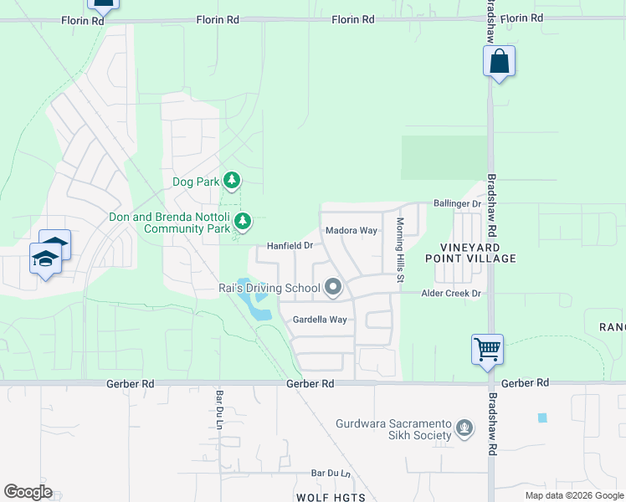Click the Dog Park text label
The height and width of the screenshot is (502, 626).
pyautogui.click(x=195, y=182)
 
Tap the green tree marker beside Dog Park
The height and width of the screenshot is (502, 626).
pyautogui.click(x=232, y=180)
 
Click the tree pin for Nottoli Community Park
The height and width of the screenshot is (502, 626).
pyautogui.click(x=243, y=221)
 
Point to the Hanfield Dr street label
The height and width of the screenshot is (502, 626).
pyautogui.click(x=290, y=246)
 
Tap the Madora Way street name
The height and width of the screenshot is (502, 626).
pyautogui.click(x=351, y=230)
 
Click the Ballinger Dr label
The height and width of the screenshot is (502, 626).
pyautogui.click(x=458, y=203)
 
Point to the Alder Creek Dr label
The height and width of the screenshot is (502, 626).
pyautogui.click(x=452, y=294)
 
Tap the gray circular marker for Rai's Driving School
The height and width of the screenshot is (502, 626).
pyautogui.click(x=333, y=288)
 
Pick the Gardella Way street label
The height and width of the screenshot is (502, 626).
pyautogui.click(x=319, y=320)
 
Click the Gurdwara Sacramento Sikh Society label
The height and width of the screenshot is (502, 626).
pyautogui.click(x=393, y=429)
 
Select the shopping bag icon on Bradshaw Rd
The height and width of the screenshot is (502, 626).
pyautogui.click(x=499, y=62)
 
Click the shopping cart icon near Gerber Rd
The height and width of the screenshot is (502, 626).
pyautogui.click(x=487, y=348)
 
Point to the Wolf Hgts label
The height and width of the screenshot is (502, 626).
pyautogui.click(x=331, y=498)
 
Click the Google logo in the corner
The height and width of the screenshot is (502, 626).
pyautogui.click(x=28, y=492)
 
